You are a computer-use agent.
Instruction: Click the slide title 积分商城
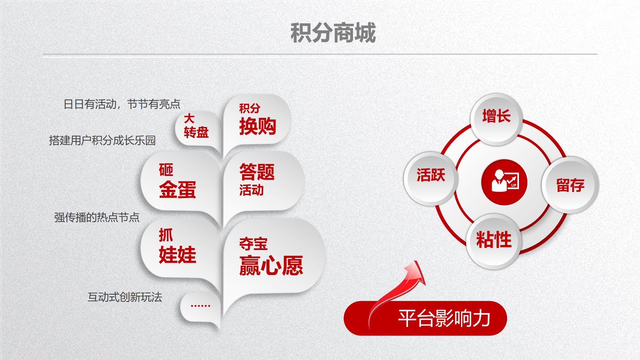(x=333, y=33)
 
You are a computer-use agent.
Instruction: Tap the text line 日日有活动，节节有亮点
(x=122, y=104)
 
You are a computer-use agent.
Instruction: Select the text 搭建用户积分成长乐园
(x=102, y=140)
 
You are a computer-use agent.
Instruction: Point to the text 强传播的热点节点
(x=97, y=217)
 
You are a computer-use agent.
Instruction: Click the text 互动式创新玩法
(x=125, y=297)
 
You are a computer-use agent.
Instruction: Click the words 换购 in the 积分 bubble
(x=258, y=126)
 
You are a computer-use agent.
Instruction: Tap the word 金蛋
(x=178, y=190)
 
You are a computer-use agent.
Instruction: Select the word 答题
(x=257, y=172)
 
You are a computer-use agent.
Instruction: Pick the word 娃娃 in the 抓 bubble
(x=178, y=255)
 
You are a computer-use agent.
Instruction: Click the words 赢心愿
(x=271, y=266)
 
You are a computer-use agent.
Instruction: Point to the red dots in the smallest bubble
(x=200, y=305)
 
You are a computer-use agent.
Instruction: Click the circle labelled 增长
(x=496, y=119)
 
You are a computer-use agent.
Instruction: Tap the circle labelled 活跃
(x=431, y=178)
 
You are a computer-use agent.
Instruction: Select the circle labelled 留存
(x=570, y=185)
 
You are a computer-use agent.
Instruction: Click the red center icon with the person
(x=504, y=182)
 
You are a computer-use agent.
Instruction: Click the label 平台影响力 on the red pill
(x=444, y=318)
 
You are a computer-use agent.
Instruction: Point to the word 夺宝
(x=253, y=244)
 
